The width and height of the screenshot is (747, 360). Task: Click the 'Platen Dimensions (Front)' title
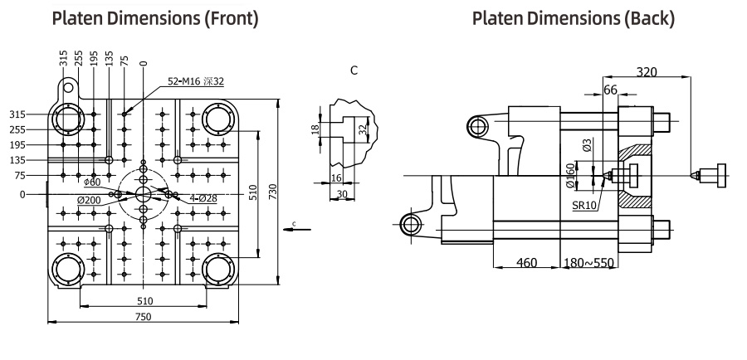pos(155,18)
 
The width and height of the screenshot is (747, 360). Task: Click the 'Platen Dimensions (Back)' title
pos(573,18)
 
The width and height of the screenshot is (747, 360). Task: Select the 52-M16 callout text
pos(196,81)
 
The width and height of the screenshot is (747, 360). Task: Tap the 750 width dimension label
pos(143,317)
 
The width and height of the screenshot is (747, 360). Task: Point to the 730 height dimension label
pos(273,192)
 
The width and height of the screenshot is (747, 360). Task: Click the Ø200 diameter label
pos(89,200)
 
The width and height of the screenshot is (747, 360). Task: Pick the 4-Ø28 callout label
pos(203,198)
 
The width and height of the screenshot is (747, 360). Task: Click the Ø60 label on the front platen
pos(92,182)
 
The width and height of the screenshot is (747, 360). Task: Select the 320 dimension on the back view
pos(647,72)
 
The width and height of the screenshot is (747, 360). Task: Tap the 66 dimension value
pos(610,90)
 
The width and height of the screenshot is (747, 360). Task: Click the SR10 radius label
pos(584,206)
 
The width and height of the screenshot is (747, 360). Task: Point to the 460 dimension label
pos(526,262)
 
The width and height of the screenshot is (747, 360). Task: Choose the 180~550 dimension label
pos(588,262)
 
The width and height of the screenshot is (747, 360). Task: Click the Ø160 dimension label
pos(572,175)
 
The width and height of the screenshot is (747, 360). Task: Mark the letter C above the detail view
pos(354,70)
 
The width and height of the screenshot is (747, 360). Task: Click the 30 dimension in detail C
pos(342,194)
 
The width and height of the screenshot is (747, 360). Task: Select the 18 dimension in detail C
pos(315,129)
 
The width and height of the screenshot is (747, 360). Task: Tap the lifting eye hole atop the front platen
pos(69,88)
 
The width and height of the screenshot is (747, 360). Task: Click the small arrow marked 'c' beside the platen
pos(297,229)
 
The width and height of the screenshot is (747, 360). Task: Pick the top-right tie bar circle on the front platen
pos(218,119)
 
